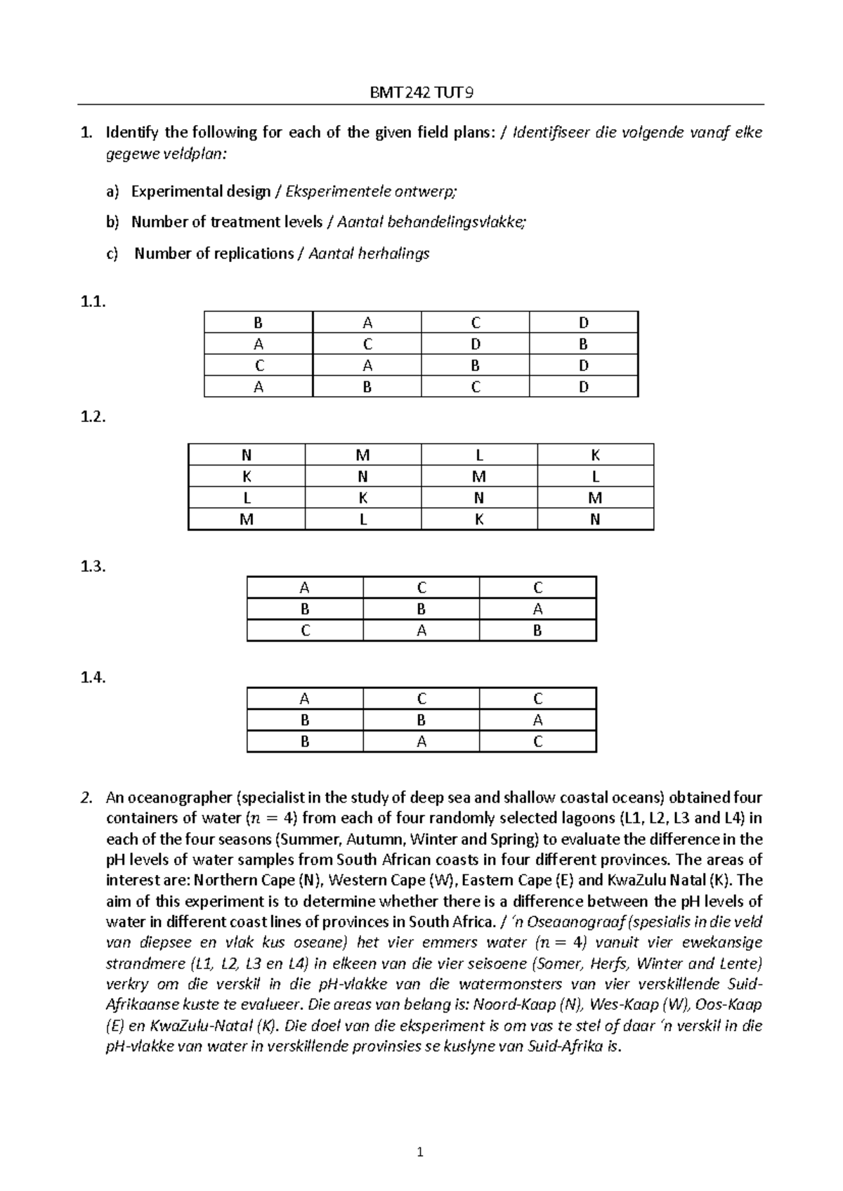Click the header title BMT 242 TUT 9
click(421, 93)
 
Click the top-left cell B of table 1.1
click(258, 323)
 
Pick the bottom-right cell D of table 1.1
click(583, 387)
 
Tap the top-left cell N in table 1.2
click(247, 455)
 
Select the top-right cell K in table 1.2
click(595, 455)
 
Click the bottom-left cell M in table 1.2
click(247, 520)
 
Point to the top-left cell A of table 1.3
click(305, 588)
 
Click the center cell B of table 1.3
click(421, 609)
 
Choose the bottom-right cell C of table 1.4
click(537, 742)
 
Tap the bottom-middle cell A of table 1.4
click(421, 742)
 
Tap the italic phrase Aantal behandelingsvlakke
click(430, 222)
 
